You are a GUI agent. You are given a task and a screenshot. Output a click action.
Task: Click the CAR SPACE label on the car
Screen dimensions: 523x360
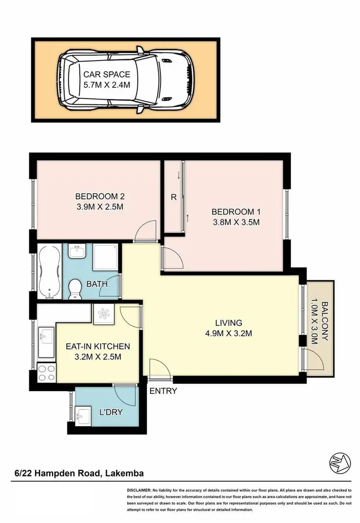[107, 74]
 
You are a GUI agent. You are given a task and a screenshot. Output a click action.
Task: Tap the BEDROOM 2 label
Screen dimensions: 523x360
[100, 196]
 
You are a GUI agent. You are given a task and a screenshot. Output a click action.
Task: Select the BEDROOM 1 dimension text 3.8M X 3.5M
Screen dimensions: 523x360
[236, 222]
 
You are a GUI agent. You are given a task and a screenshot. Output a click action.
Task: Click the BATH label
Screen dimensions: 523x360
[96, 284]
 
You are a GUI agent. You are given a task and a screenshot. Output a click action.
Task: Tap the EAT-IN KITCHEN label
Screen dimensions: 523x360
[97, 346]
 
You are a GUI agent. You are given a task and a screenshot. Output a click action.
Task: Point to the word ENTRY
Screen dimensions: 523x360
[163, 391]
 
